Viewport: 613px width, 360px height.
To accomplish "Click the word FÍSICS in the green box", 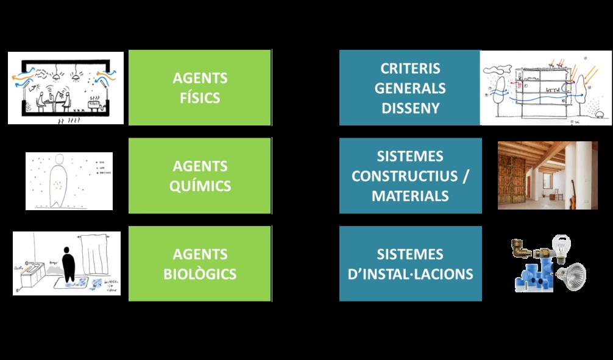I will pyautogui.click(x=200, y=97).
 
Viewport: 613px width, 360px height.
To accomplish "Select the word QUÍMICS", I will pyautogui.click(x=200, y=185).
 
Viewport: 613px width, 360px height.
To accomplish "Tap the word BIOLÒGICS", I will pyautogui.click(x=200, y=274).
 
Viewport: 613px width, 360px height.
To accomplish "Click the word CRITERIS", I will pyautogui.click(x=410, y=69).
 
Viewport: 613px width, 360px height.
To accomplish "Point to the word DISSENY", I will pyautogui.click(x=410, y=107).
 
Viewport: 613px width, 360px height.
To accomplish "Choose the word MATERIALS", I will pyautogui.click(x=410, y=196).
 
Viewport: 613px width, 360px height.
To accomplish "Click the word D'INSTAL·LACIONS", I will pyautogui.click(x=410, y=274).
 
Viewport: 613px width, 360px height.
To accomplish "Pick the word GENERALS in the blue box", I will pyautogui.click(x=410, y=88).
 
